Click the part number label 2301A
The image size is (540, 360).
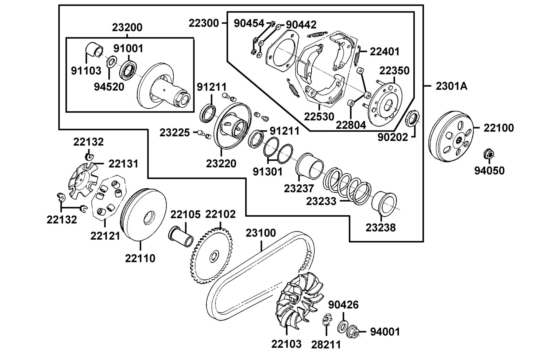[x=451, y=86]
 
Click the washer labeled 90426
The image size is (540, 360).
[x=342, y=326]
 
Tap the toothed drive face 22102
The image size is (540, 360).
[x=211, y=256]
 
